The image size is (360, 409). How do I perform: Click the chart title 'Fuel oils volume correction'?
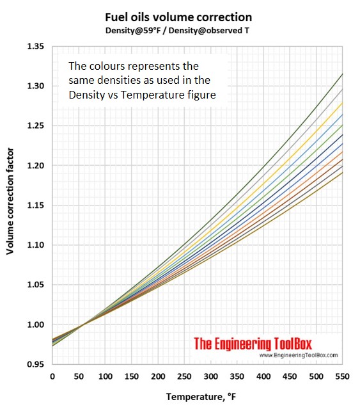point(178,17)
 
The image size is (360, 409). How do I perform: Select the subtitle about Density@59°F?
point(177,31)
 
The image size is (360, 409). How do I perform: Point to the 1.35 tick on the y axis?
point(36,47)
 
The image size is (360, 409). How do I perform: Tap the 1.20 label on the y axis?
point(36,165)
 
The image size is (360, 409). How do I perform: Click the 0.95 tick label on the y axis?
point(36,364)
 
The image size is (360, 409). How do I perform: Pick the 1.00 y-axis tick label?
point(36,325)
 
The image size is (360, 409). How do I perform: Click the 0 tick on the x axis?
point(52,376)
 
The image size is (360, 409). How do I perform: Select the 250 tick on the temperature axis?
point(184,376)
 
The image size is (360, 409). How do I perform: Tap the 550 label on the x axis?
point(342,376)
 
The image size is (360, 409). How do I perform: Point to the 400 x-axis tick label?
point(263,376)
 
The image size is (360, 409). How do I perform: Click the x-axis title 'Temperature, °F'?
point(201,397)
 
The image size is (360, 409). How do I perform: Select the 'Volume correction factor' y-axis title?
point(10,201)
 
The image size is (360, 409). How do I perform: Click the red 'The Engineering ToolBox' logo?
point(253,344)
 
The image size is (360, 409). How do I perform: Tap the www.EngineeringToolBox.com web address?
point(299,355)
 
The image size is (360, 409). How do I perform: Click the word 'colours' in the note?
point(106,66)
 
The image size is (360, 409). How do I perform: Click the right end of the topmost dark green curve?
point(342,74)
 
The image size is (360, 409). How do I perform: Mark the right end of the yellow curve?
point(342,103)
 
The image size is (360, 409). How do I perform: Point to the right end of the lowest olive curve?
point(342,172)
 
